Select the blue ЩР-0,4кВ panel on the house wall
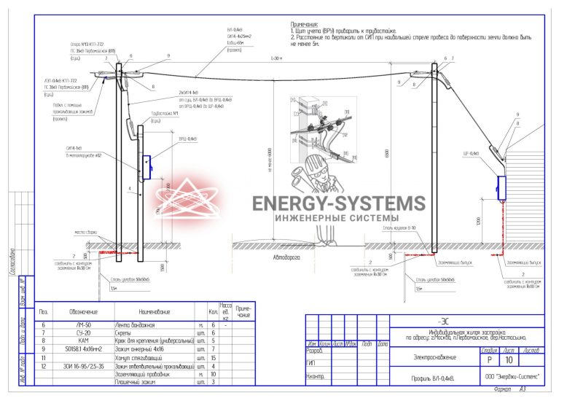tap(501, 187)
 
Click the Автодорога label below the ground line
tap(286, 257)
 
